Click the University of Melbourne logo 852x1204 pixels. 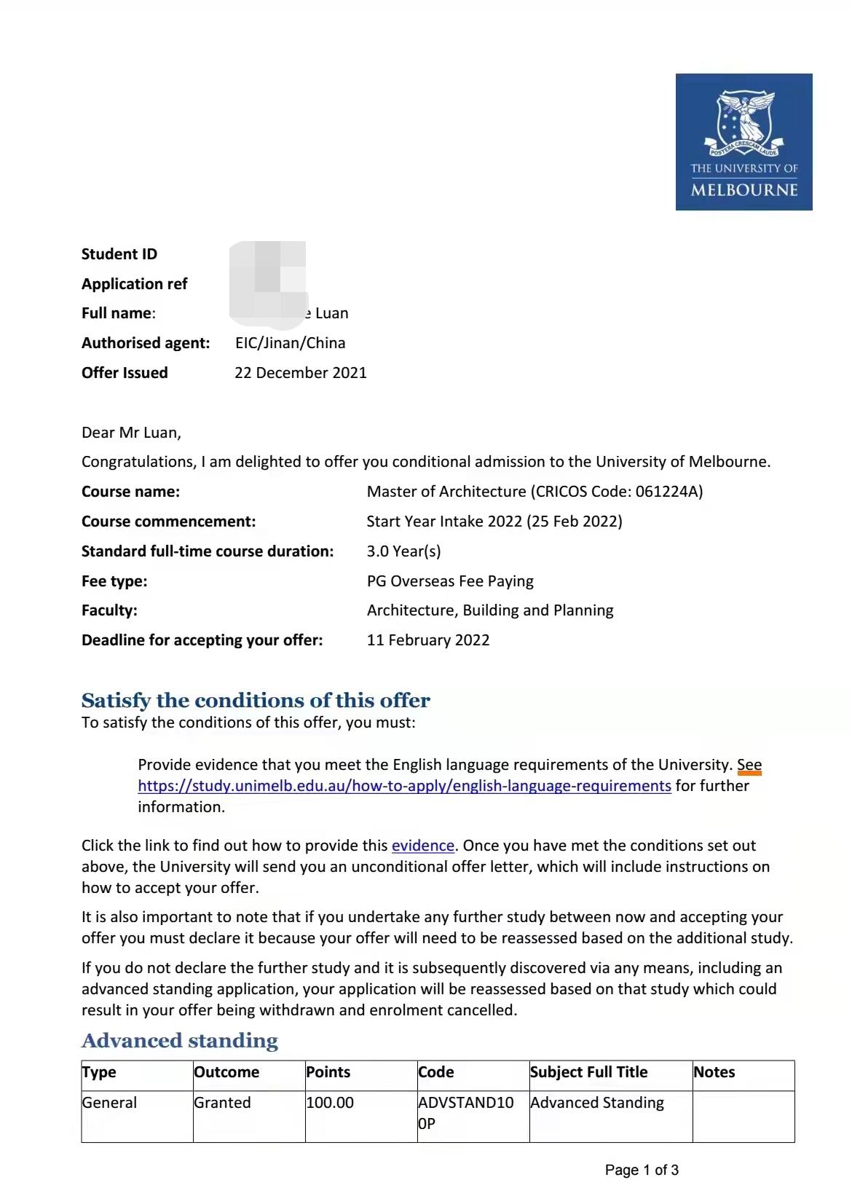(743, 142)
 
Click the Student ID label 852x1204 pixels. (119, 254)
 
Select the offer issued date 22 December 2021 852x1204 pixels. (300, 373)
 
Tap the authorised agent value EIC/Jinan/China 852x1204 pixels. (290, 343)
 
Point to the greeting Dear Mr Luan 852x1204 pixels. (131, 433)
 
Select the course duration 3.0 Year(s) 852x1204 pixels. (403, 551)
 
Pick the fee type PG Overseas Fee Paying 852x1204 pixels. (450, 581)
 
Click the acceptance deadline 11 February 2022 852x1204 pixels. (428, 640)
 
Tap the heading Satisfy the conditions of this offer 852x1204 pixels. (256, 701)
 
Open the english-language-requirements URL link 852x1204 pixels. (404, 786)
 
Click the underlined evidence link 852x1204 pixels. (422, 846)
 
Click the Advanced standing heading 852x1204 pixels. (180, 1041)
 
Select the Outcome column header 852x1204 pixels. (226, 1072)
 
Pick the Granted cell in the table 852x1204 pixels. (222, 1103)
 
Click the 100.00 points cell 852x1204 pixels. (330, 1103)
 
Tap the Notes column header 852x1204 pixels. (714, 1072)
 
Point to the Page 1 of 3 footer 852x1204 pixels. (642, 1170)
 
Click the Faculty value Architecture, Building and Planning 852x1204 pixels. (490, 610)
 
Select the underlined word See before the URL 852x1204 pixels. (749, 765)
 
